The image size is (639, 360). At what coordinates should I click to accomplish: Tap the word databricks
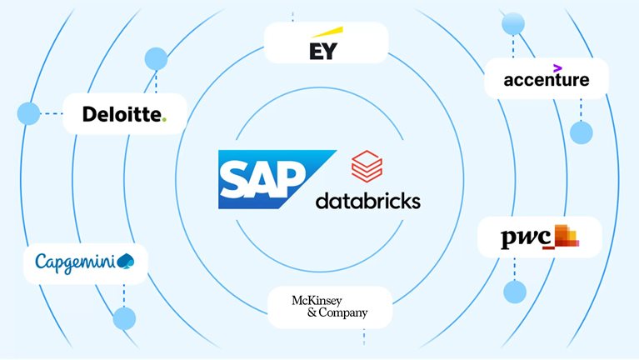(368, 201)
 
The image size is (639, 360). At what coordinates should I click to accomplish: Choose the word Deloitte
(122, 114)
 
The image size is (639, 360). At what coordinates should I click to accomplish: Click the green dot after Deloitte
(164, 119)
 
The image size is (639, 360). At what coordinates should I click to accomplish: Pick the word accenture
(547, 80)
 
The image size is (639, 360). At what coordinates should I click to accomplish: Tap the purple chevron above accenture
(557, 67)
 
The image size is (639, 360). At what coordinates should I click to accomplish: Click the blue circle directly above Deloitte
(156, 58)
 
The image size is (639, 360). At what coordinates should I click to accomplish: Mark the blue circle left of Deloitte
(28, 114)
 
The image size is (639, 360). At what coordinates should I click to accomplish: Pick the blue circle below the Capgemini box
(124, 317)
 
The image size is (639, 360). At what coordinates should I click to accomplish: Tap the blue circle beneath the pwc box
(515, 292)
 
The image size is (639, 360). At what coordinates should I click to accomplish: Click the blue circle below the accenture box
(580, 132)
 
